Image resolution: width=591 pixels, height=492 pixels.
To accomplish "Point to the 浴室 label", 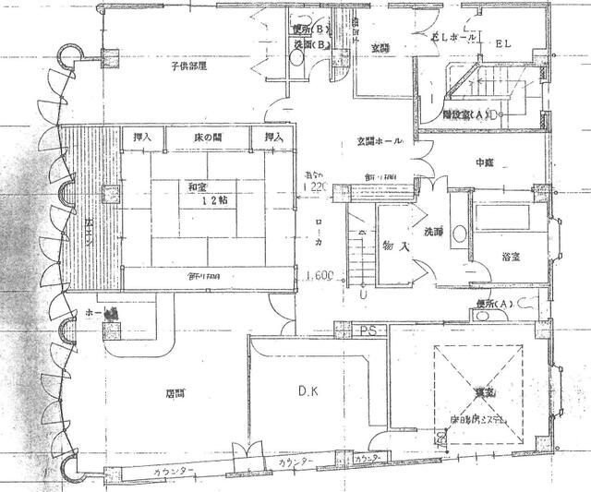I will coord(510,258).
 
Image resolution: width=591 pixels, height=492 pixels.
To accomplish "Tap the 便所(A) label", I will coord(492,304).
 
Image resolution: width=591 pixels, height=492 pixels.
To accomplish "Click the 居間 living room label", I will coord(176,392).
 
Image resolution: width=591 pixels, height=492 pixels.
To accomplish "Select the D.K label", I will coord(308,391).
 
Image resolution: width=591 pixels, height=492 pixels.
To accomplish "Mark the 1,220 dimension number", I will coord(310,186).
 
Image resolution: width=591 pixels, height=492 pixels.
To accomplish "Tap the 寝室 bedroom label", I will coord(478,392).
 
